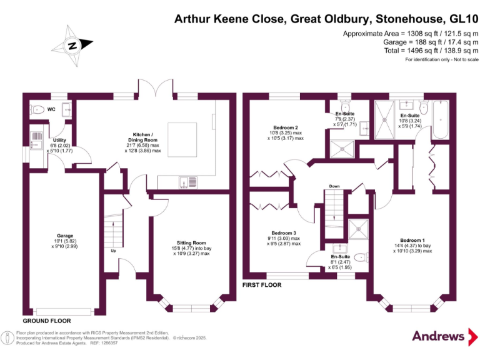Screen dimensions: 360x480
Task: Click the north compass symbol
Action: (72, 45)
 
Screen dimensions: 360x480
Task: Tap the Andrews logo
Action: (439, 336)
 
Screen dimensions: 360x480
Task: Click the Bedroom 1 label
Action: (413, 241)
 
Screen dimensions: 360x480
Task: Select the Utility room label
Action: (60, 140)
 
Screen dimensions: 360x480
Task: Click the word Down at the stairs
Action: (334, 186)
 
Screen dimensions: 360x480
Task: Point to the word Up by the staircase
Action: (113, 251)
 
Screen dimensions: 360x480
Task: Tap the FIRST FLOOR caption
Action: (262, 285)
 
